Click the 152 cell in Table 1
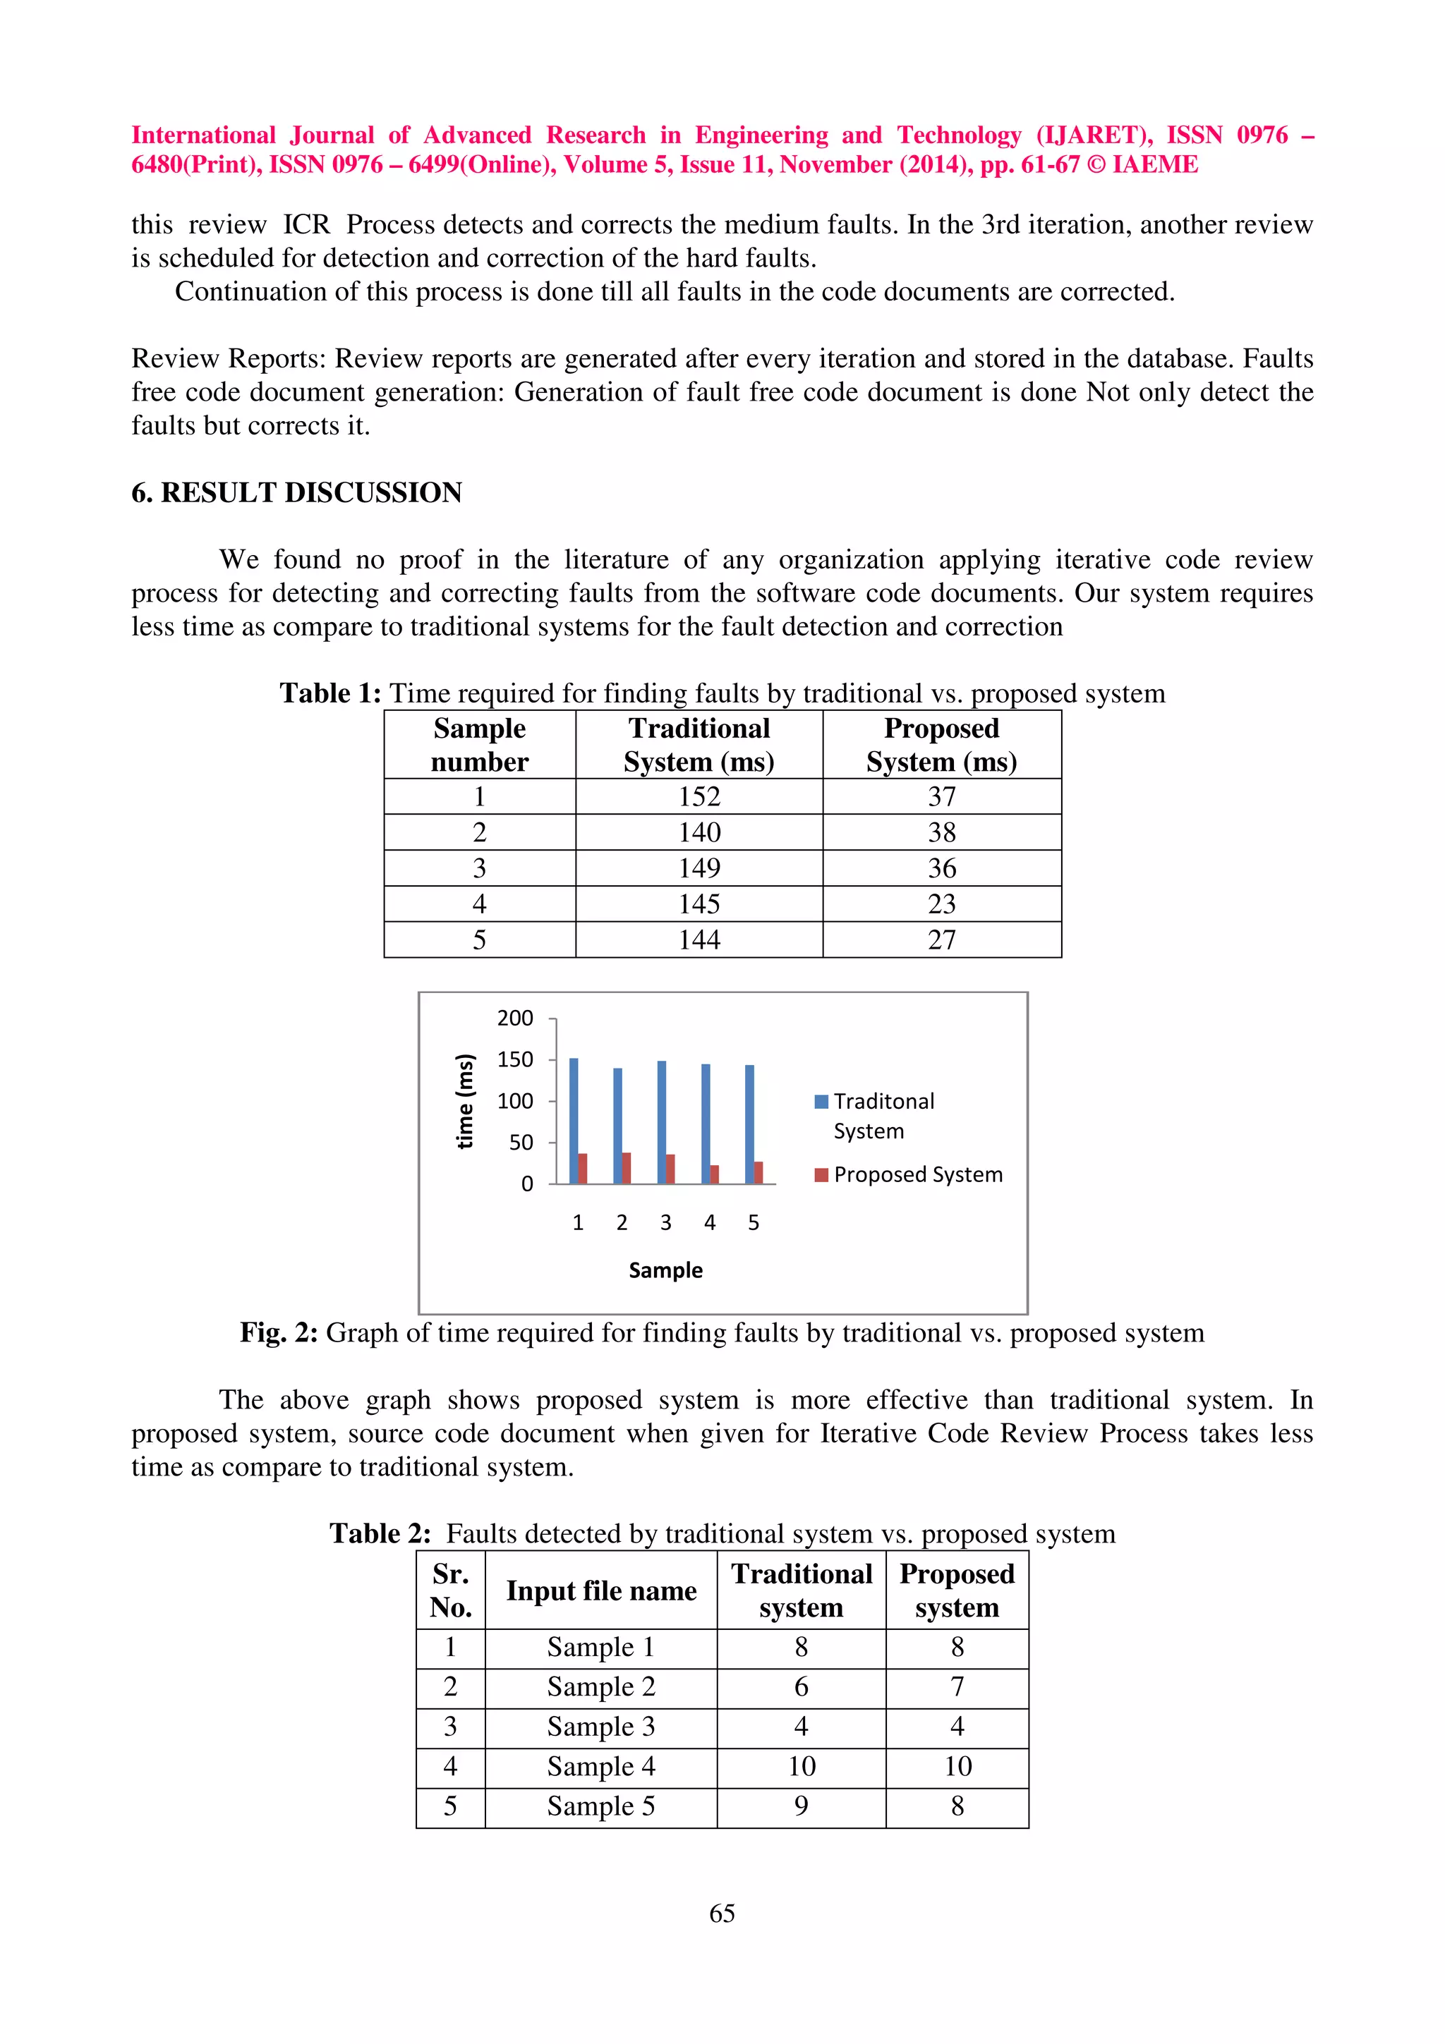699,797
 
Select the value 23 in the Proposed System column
941,904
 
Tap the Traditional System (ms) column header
699,745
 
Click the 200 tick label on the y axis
514,1018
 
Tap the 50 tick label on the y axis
521,1142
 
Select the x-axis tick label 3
665,1222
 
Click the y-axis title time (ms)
465,1101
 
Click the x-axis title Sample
665,1270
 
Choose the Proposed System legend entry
917,1174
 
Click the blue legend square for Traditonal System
821,1101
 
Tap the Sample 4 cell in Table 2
601,1766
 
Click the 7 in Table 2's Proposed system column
957,1686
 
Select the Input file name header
601,1591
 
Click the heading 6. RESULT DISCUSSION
296,492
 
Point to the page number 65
722,1912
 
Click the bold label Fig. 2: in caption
279,1333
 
